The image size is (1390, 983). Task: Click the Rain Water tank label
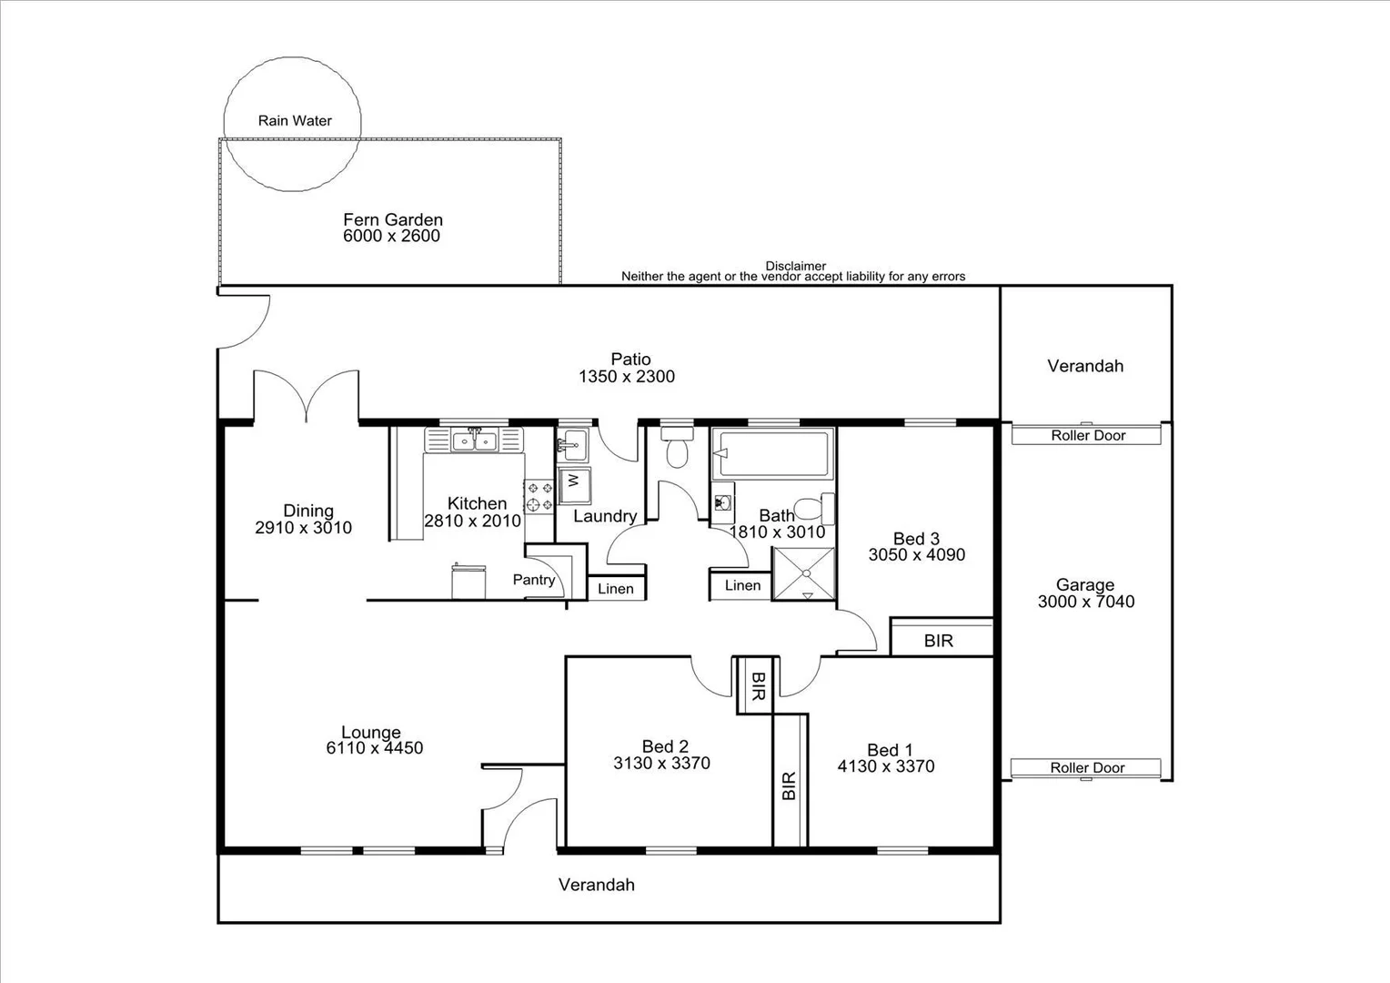pos(295,120)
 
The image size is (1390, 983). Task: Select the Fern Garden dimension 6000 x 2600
pos(391,236)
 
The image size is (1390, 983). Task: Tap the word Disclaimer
pos(795,266)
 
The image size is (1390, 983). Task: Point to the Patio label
pos(630,360)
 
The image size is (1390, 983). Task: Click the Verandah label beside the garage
pos(1084,366)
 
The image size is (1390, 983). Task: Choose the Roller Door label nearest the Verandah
pos(1088,435)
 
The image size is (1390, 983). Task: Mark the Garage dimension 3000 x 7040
pos(1085,602)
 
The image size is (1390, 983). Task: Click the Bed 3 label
pos(915,539)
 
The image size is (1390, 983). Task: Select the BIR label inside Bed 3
pos(938,641)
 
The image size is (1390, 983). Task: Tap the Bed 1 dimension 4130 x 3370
pos(885,766)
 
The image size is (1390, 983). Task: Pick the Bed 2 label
pos(664,746)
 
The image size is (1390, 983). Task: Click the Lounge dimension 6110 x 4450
pos(374,748)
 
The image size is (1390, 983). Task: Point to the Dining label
pos(307,511)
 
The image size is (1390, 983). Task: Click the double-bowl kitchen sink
pos(474,441)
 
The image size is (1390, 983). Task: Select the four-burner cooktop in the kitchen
pos(539,497)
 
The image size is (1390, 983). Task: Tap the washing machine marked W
pos(574,481)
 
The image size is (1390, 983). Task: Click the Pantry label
pos(533,580)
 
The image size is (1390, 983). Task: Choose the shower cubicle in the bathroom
pos(803,573)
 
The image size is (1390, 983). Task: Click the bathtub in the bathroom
pos(772,452)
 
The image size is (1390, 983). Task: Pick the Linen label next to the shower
pos(742,585)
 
